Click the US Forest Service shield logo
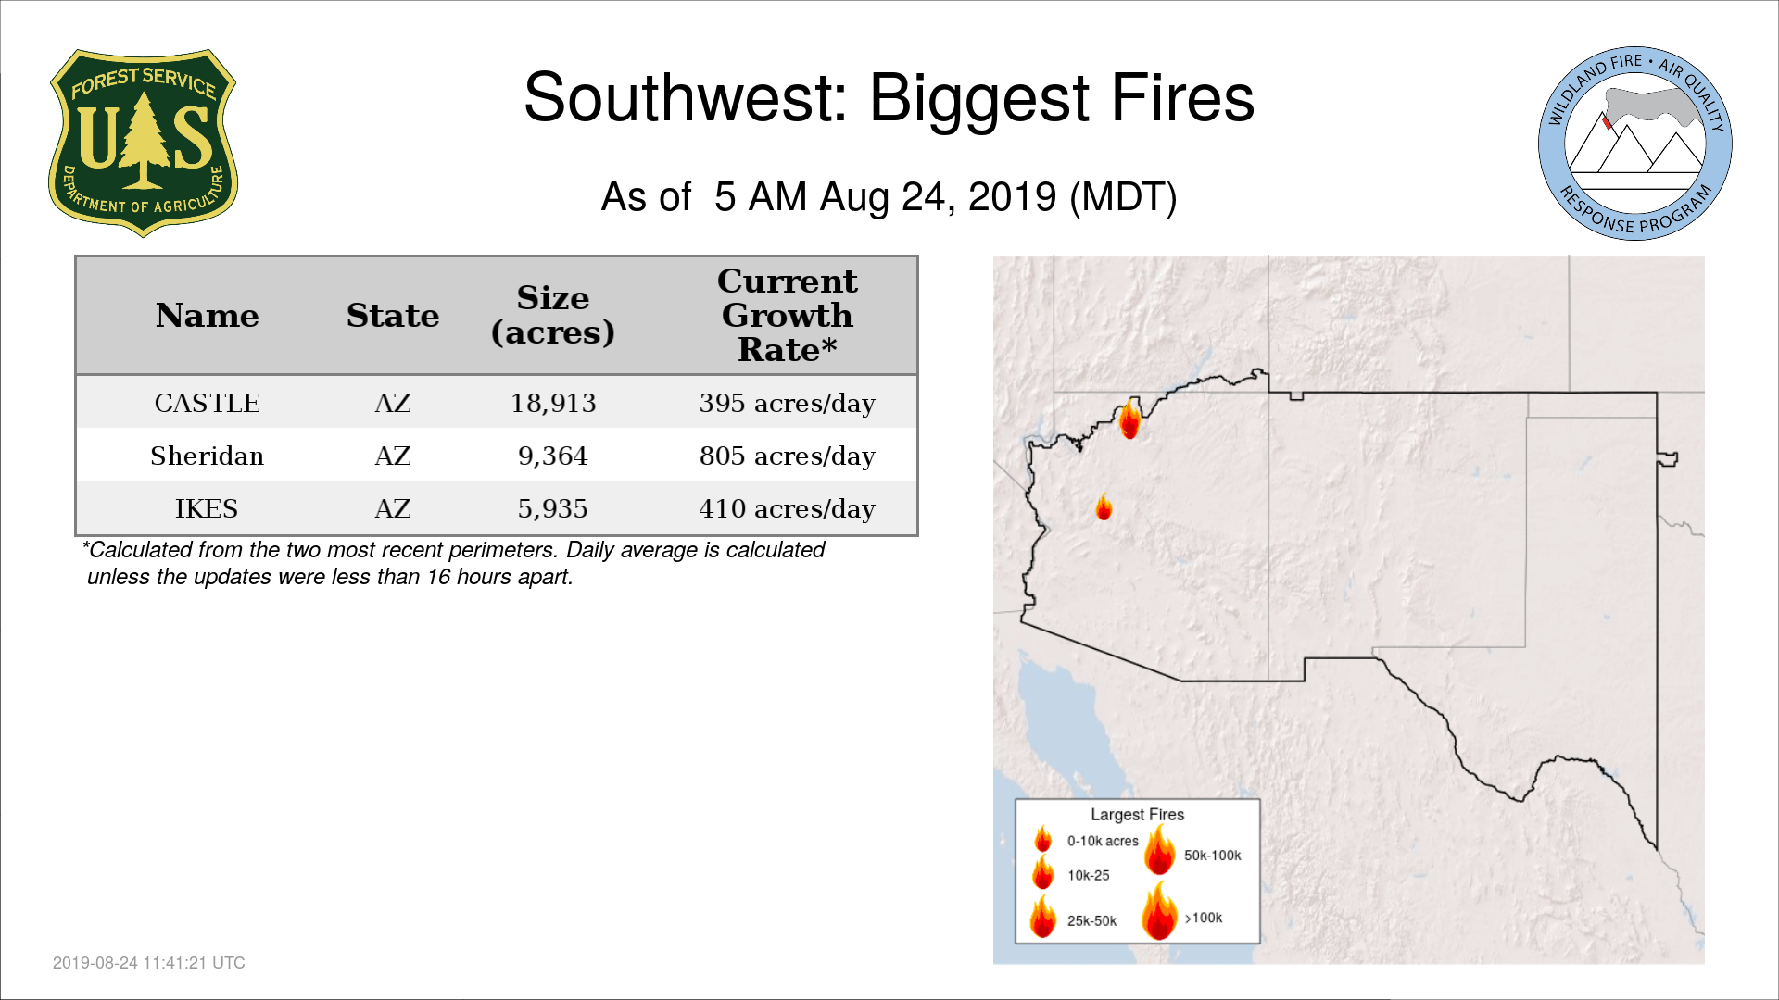click(143, 144)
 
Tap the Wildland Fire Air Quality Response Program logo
click(1635, 144)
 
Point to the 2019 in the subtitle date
click(1012, 197)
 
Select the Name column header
click(208, 316)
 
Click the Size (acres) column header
click(553, 315)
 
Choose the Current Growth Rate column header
click(787, 315)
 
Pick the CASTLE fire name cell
click(208, 403)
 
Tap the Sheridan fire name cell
click(208, 456)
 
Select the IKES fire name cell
click(208, 508)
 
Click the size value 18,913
click(553, 403)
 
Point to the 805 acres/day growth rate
click(788, 456)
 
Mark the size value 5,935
click(553, 508)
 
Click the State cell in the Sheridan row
click(393, 456)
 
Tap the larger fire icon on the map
click(1129, 419)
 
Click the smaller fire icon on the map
click(1104, 507)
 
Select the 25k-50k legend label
click(1091, 920)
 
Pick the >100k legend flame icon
click(1159, 911)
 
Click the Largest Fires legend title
click(1137, 815)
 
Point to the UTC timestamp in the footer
click(149, 963)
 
